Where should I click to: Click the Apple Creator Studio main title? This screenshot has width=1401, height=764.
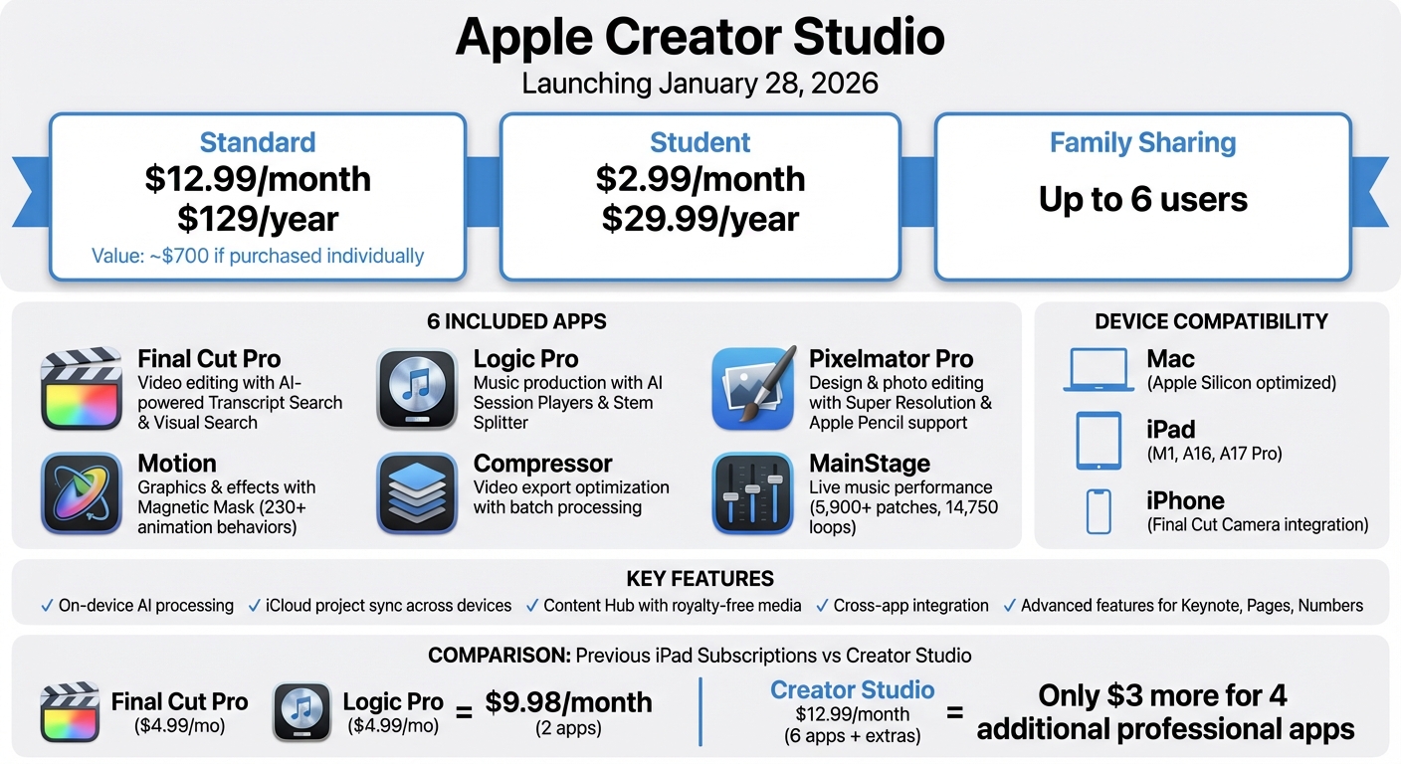[700, 38]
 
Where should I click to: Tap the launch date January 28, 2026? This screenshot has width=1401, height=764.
[700, 83]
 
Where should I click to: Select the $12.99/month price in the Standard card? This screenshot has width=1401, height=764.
[258, 179]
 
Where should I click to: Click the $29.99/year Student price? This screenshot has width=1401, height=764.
[700, 218]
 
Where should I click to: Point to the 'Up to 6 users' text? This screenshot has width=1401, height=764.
[1142, 199]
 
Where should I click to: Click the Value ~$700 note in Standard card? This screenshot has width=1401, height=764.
[258, 256]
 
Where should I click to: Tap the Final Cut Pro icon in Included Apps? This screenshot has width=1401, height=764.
[81, 389]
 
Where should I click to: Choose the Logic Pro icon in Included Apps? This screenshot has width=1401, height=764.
[417, 389]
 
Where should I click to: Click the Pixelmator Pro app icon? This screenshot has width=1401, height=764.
[753, 389]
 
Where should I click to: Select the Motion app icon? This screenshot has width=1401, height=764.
[81, 493]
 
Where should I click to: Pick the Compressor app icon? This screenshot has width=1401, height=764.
[417, 493]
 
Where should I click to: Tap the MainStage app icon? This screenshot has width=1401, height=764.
[753, 493]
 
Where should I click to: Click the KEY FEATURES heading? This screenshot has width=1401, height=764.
[700, 579]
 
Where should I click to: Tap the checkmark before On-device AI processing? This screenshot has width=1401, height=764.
[47, 605]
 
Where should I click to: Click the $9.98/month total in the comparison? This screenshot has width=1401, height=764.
[568, 702]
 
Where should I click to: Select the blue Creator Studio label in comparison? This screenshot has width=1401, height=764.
[852, 690]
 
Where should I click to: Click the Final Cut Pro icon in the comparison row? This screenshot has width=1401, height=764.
[70, 711]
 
